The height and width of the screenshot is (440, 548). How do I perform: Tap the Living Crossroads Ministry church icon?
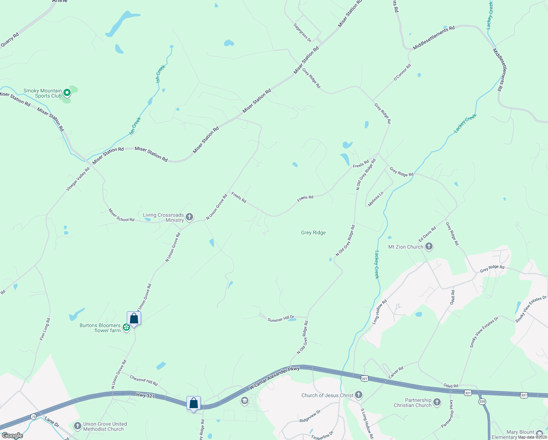(x=189, y=217)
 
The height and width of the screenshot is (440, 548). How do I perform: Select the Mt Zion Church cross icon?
(x=429, y=247)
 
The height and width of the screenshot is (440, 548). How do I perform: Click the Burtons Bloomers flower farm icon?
(x=126, y=327)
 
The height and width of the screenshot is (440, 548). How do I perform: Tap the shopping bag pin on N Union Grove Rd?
(x=134, y=318)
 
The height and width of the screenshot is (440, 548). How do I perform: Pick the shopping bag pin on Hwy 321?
(x=193, y=403)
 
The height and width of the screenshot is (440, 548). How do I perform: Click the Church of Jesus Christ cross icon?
(x=359, y=395)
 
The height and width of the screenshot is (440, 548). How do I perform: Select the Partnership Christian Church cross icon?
(x=437, y=402)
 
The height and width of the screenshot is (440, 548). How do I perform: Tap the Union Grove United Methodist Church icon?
(x=77, y=426)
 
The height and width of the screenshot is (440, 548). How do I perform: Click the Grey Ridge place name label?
(x=313, y=232)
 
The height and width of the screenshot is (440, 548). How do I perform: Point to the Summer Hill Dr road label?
(x=281, y=319)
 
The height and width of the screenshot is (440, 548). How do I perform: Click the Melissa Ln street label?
(x=375, y=199)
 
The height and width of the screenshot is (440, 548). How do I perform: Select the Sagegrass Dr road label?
(x=302, y=33)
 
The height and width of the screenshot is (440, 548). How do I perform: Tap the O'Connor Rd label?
(x=403, y=72)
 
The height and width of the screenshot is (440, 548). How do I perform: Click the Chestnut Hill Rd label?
(x=144, y=380)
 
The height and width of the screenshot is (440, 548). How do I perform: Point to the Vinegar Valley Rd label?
(x=78, y=179)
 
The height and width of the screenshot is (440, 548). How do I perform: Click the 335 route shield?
(x=482, y=401)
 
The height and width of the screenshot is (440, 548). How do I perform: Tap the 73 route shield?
(x=34, y=417)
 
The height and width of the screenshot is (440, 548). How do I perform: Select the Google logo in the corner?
(x=12, y=436)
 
